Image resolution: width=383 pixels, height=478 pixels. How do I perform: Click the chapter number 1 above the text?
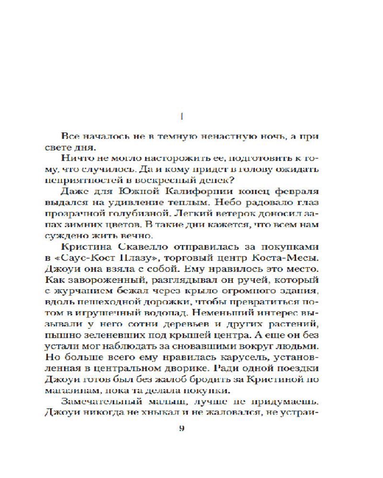[x=181, y=116]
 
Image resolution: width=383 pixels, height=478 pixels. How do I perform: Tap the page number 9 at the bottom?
[x=181, y=429]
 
